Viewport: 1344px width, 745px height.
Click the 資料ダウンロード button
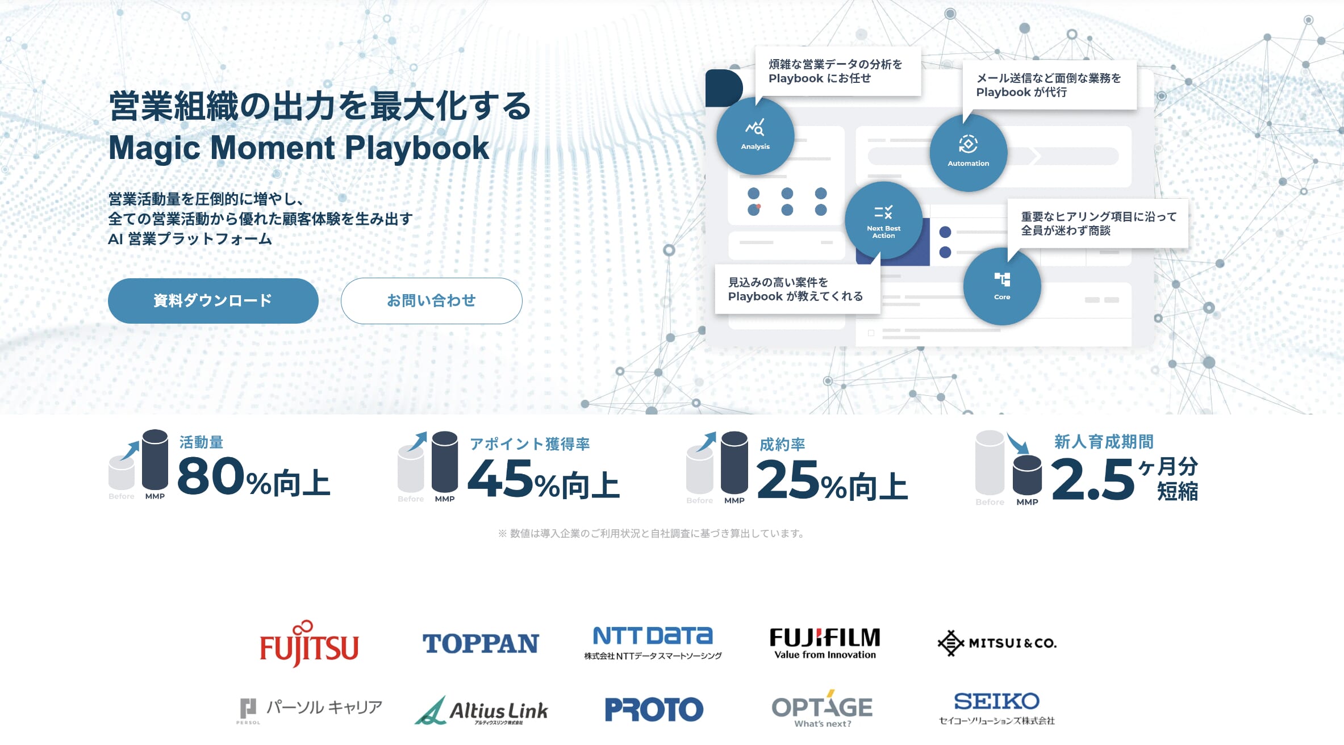pos(213,301)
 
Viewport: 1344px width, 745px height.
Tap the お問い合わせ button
pos(431,301)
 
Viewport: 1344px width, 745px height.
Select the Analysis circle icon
pos(755,136)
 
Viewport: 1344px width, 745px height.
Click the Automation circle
pos(968,153)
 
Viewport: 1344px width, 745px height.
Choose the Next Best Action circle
pos(883,220)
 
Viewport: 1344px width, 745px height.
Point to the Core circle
pos(1002,286)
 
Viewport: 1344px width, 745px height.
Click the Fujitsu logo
pos(309,643)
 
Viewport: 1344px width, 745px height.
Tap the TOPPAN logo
pos(481,643)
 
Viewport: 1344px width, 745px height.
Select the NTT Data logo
pos(653,643)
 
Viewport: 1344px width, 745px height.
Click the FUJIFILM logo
pos(825,643)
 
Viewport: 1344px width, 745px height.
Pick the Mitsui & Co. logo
pos(997,643)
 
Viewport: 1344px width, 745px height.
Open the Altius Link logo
pos(481,710)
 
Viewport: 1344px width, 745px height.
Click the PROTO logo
pos(654,709)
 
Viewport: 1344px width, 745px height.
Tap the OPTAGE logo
pos(822,709)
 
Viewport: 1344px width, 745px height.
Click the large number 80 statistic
pos(211,475)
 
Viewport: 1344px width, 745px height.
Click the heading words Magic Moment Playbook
pos(299,148)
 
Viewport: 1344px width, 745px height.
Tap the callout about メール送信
pos(1049,85)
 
